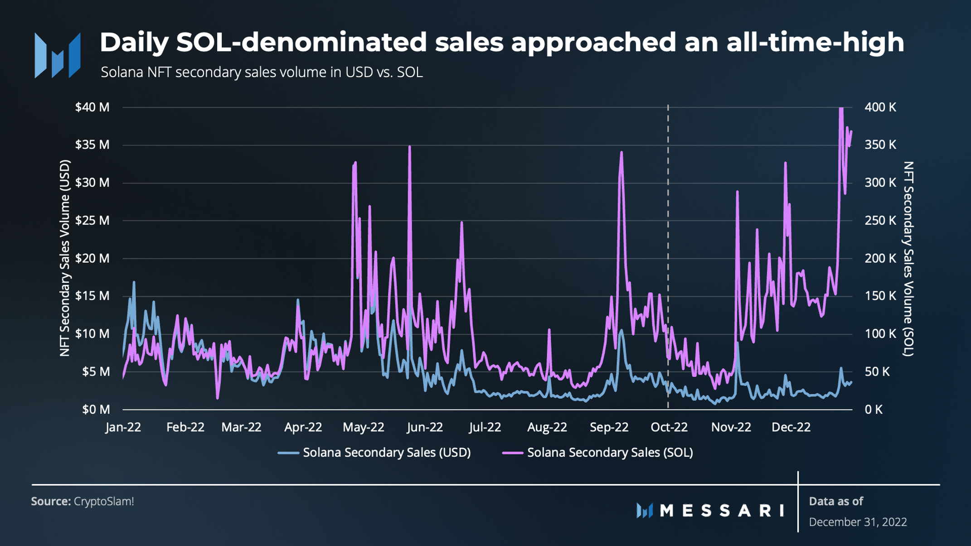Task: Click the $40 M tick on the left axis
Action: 92,107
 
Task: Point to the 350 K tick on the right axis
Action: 880,145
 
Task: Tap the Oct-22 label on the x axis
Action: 669,427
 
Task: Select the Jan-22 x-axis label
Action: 123,427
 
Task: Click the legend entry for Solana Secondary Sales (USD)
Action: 374,453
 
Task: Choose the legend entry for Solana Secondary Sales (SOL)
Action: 598,453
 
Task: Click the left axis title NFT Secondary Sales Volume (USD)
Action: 65,258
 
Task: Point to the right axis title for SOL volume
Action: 908,259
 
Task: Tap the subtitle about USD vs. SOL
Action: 262,72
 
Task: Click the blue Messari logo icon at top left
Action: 58,55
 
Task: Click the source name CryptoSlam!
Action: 104,502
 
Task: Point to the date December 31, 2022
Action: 858,522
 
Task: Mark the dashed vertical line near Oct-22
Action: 668,257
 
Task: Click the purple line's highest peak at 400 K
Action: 841,109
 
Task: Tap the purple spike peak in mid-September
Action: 621,153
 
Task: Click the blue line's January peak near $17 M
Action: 134,282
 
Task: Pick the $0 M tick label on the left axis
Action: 96,410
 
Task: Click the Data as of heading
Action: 836,501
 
